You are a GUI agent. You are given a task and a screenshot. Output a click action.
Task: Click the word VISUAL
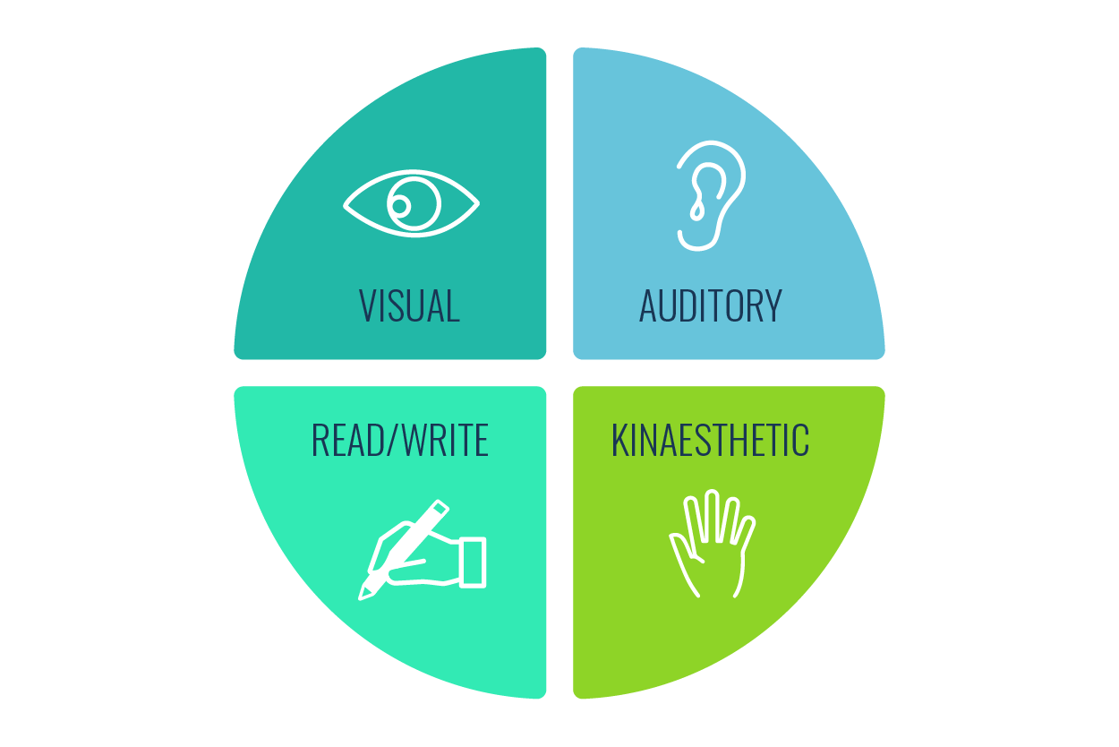(409, 305)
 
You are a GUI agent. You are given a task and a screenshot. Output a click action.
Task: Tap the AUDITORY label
(711, 306)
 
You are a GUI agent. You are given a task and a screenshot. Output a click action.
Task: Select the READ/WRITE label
(400, 440)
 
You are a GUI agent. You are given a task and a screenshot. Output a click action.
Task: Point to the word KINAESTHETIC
(710, 440)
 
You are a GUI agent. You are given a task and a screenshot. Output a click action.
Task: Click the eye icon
(411, 204)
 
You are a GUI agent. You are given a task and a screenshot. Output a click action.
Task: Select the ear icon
(711, 194)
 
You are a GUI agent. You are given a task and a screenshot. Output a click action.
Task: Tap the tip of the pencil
(362, 595)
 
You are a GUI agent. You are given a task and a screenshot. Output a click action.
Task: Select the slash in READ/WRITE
(397, 440)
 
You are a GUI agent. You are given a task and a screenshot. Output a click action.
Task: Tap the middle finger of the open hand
(713, 514)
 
